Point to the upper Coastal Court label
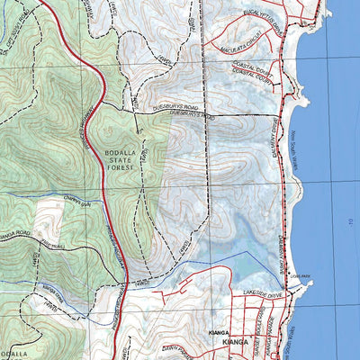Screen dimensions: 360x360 pyautogui.click(x=251, y=71)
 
